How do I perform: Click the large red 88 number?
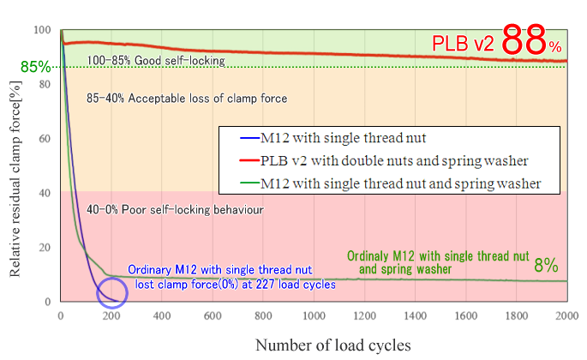[x=524, y=40]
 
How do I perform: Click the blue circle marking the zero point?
[x=111, y=292]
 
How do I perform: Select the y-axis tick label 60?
[x=43, y=138]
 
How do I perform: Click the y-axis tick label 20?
[x=43, y=248]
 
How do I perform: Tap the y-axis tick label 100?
[x=40, y=30]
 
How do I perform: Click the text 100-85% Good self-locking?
[x=156, y=61]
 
